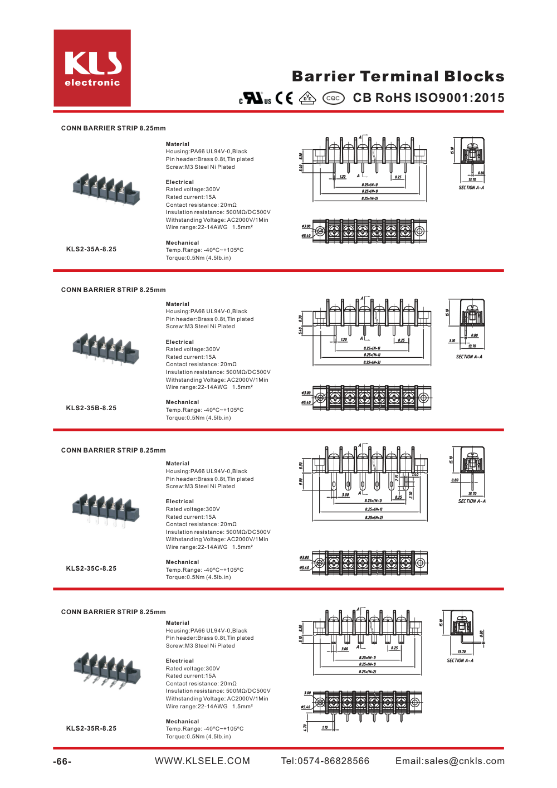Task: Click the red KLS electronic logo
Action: pyautogui.click(x=92, y=68)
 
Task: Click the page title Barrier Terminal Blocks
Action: pyautogui.click(x=398, y=76)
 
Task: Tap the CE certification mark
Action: pyautogui.click(x=284, y=98)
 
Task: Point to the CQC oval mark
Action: pyautogui.click(x=333, y=98)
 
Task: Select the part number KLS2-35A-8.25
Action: pyautogui.click(x=91, y=249)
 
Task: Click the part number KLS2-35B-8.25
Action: pyautogui.click(x=91, y=408)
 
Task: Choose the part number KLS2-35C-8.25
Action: pyautogui.click(x=91, y=568)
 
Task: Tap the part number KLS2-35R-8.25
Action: pyautogui.click(x=91, y=728)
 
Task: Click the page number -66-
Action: pyautogui.click(x=62, y=761)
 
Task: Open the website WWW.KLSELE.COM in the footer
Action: pyautogui.click(x=202, y=761)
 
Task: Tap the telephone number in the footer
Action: pyautogui.click(x=325, y=761)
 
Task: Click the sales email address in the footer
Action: pyautogui.click(x=450, y=761)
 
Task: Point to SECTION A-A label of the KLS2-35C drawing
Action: pyautogui.click(x=472, y=501)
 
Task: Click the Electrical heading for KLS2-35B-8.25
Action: pyautogui.click(x=180, y=342)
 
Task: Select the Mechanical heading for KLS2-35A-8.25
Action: pyautogui.click(x=182, y=242)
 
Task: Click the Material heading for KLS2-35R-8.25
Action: pyautogui.click(x=178, y=622)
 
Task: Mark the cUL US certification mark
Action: pyautogui.click(x=255, y=98)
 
